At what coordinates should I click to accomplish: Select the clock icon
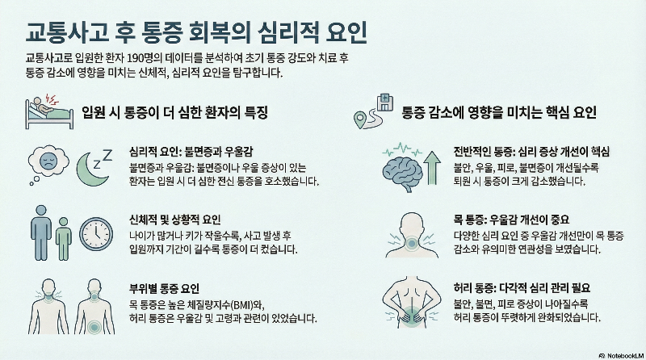[95, 233]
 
